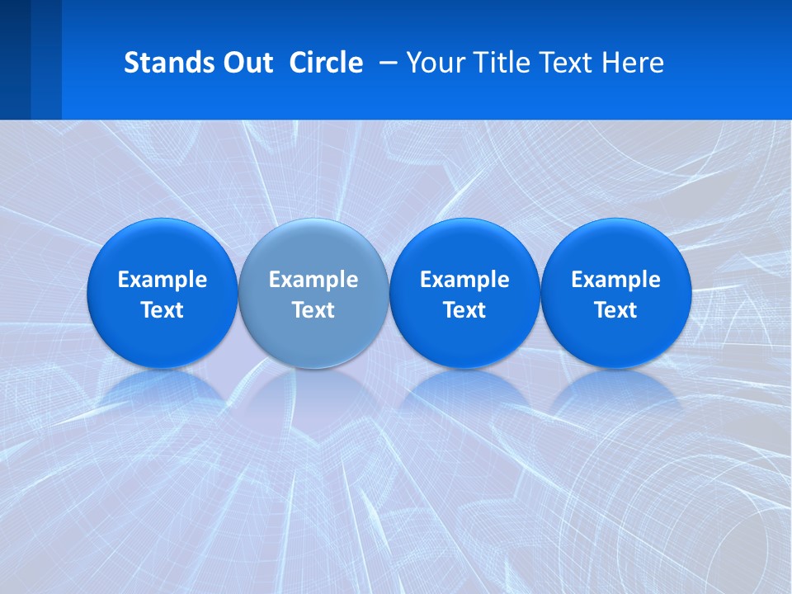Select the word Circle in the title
coord(326,63)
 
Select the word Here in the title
coord(634,63)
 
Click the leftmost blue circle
coord(162,247)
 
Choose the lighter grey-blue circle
coord(313,247)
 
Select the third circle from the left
coord(464,247)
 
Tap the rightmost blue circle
coord(616,247)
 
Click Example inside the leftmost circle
coord(162,280)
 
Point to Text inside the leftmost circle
coord(162,310)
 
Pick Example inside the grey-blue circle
coord(313,280)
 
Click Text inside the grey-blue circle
coord(313,310)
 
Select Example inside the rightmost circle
coord(616,280)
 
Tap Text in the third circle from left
coord(464,310)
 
